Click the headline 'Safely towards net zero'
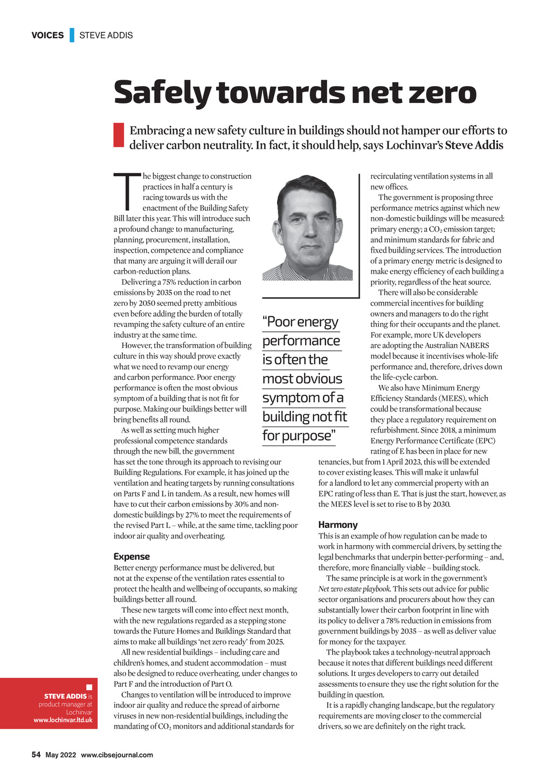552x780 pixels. click(295, 93)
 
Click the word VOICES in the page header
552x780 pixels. click(47, 36)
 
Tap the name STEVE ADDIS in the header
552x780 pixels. click(106, 36)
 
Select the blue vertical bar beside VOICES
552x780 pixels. click(72, 36)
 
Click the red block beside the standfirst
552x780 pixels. click(119, 135)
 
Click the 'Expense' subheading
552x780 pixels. click(132, 556)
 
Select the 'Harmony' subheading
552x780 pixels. click(337, 525)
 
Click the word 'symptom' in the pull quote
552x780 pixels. click(291, 398)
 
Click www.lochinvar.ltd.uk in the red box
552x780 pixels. click(63, 720)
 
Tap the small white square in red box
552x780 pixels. click(89, 687)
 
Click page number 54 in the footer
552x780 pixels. click(36, 755)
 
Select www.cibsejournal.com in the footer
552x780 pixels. click(117, 755)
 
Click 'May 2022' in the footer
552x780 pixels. click(60, 755)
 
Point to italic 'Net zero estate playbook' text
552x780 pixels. click(354, 589)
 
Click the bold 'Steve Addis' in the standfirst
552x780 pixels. click(474, 145)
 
